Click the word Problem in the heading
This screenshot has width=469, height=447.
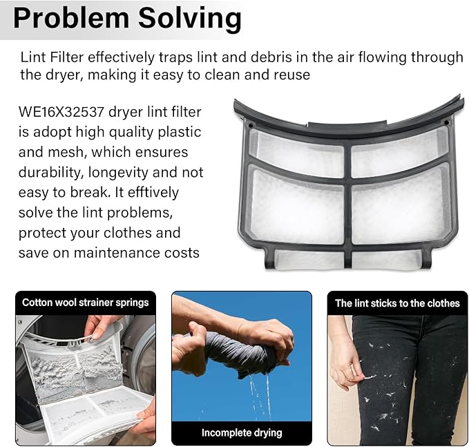point(71,18)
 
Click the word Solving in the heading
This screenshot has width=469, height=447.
point(190,19)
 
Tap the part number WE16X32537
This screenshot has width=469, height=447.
point(61,112)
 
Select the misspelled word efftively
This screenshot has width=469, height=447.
point(153,192)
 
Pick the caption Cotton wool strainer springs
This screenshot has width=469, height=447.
point(86,303)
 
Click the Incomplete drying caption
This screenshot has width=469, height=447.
point(242,432)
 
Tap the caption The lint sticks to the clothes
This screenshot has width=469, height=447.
point(397,303)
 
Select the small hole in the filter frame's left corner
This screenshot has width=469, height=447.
point(251,125)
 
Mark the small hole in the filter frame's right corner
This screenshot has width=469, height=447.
point(446,123)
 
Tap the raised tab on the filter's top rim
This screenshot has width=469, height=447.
point(347,124)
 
